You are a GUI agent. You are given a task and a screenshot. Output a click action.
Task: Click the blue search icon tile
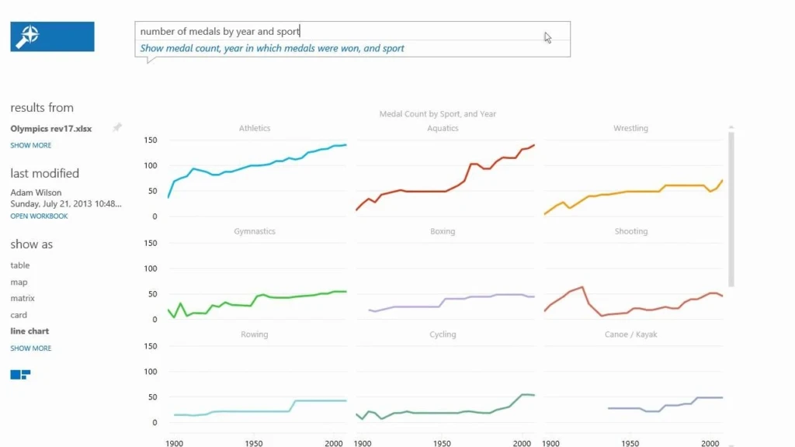tap(52, 36)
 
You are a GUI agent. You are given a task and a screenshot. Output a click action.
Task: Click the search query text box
tap(342, 31)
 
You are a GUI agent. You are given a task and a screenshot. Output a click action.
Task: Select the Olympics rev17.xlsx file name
tap(51, 129)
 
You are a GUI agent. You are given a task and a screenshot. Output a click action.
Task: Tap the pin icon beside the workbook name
tap(117, 128)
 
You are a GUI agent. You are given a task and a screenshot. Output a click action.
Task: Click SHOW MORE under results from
tap(31, 145)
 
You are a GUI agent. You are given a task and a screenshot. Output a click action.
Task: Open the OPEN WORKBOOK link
tap(39, 216)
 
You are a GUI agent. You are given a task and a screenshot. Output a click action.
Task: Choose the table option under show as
tap(20, 265)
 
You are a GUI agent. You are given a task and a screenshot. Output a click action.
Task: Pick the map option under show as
tap(19, 282)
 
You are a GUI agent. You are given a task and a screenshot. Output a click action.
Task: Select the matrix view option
tap(23, 298)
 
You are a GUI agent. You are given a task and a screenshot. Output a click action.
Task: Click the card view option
tap(19, 315)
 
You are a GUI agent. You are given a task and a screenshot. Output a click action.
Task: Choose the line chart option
tap(30, 331)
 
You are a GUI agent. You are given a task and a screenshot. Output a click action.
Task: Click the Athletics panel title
tap(255, 129)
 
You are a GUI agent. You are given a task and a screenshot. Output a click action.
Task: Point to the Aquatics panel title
tap(443, 129)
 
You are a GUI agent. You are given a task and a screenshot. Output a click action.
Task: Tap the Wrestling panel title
tap(630, 129)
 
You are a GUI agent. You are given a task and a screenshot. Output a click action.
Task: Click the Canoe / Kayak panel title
tap(630, 334)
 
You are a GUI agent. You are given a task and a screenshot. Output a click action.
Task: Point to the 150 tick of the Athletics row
tap(151, 140)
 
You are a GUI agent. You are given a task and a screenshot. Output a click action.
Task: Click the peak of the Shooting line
tap(581, 287)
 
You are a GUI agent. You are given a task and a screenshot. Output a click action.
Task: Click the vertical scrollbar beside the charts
tap(731, 210)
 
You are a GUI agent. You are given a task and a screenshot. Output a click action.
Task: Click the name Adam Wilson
tap(36, 192)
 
